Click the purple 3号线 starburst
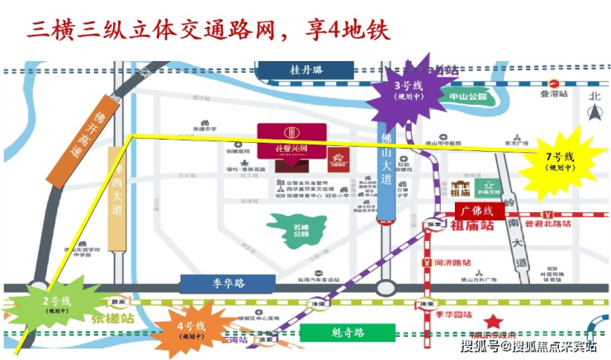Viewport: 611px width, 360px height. click(404, 91)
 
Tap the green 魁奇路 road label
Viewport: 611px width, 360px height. click(347, 332)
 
